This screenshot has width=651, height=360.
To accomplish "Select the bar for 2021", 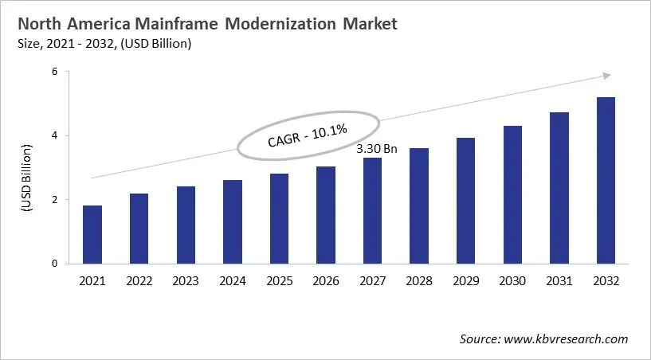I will (x=93, y=234).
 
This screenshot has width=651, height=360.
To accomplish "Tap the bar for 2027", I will (x=372, y=210).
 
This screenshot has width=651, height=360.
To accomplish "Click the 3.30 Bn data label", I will (x=375, y=147).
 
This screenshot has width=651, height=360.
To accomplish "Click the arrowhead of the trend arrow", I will (x=606, y=76).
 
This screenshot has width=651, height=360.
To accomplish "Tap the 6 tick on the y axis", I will (x=56, y=72).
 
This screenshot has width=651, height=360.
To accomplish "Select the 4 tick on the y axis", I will (x=56, y=135).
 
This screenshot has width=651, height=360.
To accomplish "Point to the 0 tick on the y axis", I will (x=56, y=264).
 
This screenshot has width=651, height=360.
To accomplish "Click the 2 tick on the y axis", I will (x=56, y=200).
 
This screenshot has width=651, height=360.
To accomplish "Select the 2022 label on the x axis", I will (x=139, y=281).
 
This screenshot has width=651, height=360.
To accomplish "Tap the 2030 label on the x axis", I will (x=512, y=281).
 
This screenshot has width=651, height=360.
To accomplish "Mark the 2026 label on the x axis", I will (x=326, y=281).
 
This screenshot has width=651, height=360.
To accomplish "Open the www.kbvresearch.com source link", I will (x=566, y=339).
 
